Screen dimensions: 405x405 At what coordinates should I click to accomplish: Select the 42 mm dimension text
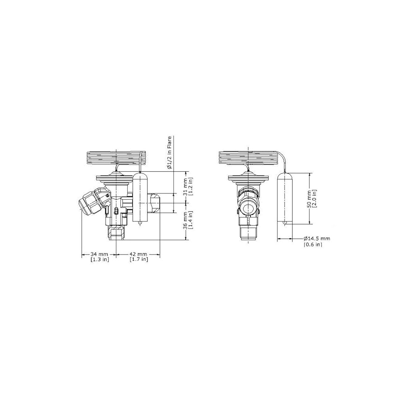pos(138,254)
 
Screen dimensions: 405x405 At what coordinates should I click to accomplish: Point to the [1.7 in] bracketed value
pos(138,260)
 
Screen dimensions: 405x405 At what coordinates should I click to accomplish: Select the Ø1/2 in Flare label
pos(169,153)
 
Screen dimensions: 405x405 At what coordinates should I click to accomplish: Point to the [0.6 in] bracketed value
pos(313,245)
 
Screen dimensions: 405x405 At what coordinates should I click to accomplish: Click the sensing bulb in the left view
pos(140,197)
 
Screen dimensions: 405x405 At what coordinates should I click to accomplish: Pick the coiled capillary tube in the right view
pos(249,158)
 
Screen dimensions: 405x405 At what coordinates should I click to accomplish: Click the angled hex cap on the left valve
pos(89,202)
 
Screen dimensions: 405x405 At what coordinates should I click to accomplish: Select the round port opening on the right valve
pos(248,209)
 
